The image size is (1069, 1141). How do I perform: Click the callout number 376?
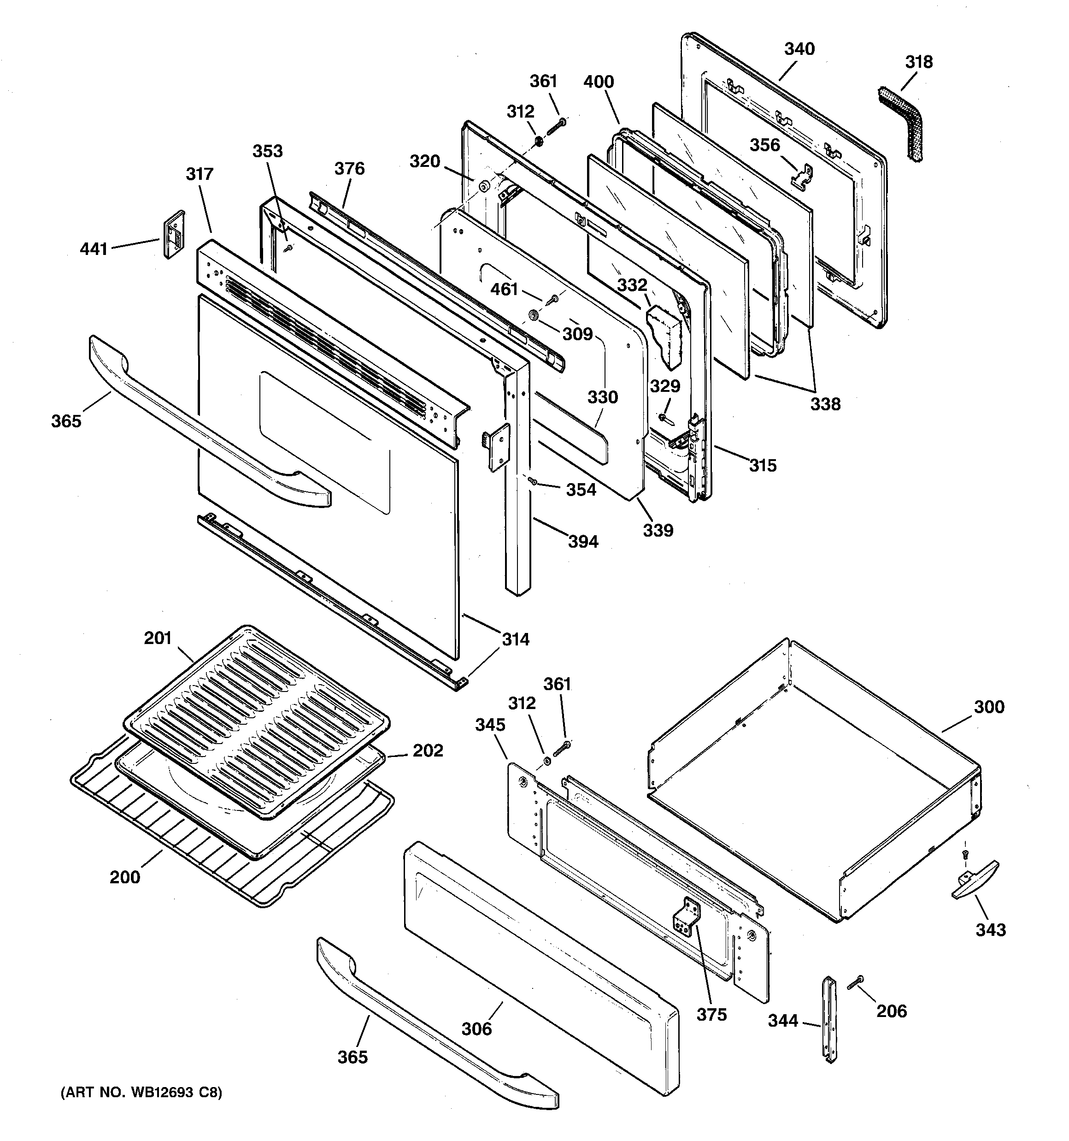pyautogui.click(x=349, y=169)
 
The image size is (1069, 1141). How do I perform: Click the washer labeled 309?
pyautogui.click(x=534, y=314)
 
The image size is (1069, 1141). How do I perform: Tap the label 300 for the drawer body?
pyautogui.click(x=989, y=707)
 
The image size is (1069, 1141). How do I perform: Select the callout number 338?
pyautogui.click(x=825, y=404)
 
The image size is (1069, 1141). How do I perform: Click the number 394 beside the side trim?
pyautogui.click(x=582, y=541)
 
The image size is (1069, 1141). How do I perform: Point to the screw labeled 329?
pyautogui.click(x=664, y=417)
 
